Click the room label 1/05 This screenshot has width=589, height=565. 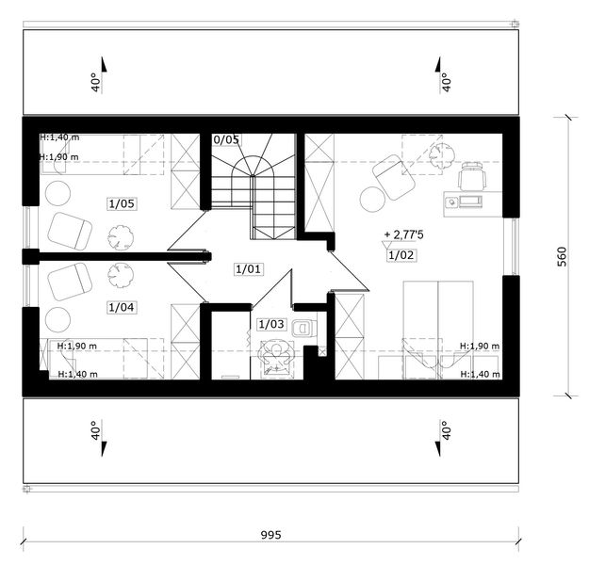click(122, 203)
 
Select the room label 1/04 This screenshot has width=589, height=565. click(122, 308)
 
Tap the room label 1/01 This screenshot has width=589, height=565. click(248, 269)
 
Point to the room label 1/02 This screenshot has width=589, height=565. click(401, 255)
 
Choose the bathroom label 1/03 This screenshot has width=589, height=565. click(271, 324)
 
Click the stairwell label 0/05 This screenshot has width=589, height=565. click(226, 139)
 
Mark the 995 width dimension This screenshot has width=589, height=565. click(271, 535)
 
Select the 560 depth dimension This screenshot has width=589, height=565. click(562, 256)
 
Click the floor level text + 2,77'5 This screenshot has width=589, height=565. click(403, 235)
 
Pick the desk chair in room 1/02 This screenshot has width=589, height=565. click(472, 176)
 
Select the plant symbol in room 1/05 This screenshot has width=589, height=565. click(121, 237)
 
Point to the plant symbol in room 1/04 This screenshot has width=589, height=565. click(121, 275)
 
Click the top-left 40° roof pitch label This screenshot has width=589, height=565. click(96, 82)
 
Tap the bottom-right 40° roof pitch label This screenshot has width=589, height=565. click(446, 430)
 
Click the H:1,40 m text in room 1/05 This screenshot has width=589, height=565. click(59, 137)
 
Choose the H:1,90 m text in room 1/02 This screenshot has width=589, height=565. click(480, 346)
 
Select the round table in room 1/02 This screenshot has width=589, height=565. click(372, 199)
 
